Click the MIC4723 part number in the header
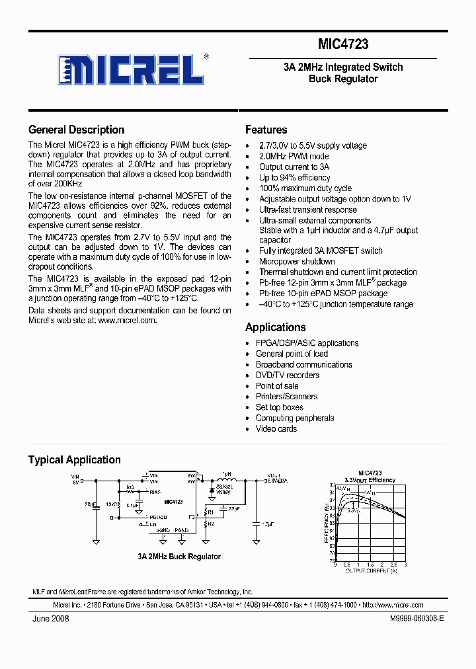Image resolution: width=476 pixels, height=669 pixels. coord(343,45)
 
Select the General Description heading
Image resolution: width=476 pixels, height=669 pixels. coord(76,130)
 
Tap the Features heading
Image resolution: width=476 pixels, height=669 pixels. coord(266,130)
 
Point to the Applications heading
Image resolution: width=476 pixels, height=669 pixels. coord(275,327)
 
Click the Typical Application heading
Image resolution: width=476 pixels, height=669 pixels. coord(74,459)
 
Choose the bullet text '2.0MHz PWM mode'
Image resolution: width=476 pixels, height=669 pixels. coord(294,157)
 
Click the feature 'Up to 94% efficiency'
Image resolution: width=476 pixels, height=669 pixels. coord(294,178)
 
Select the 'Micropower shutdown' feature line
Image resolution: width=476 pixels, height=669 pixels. coord(297,261)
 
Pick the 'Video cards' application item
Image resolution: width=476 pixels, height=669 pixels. coord(276,428)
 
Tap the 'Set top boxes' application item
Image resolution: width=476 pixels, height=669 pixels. coord(280,407)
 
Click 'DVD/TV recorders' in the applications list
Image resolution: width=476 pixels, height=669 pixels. coord(288,375)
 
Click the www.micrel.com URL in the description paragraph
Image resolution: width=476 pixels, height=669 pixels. coord(128,320)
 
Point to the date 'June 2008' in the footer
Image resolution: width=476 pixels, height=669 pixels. coord(50,619)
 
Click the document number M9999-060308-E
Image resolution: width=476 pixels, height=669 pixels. coord(412,619)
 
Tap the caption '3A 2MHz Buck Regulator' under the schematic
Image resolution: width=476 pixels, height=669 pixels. coord(179,557)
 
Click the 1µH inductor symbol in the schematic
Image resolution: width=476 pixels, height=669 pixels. coord(227,481)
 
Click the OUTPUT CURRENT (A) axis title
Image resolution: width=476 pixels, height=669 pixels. coord(370,570)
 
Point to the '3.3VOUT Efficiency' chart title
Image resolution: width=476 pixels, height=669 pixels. coord(370,480)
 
